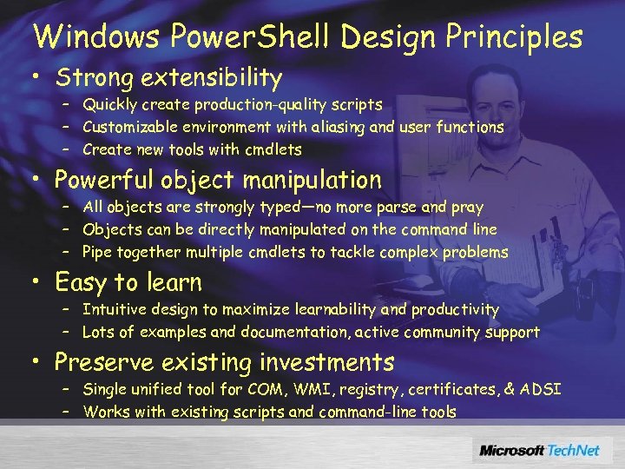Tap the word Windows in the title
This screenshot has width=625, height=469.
(96, 36)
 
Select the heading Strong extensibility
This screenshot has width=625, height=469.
(168, 78)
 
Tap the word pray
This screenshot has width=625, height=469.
(467, 208)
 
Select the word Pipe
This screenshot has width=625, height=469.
(98, 253)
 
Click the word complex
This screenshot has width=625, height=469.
(413, 253)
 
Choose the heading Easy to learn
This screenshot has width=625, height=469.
(128, 282)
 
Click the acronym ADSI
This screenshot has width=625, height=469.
(542, 389)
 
